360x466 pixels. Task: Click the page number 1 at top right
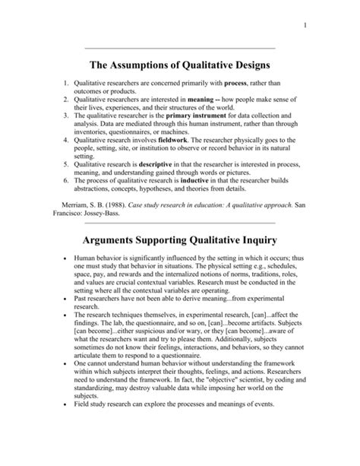coord(305,29)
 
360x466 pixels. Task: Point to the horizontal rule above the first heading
coord(179,49)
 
